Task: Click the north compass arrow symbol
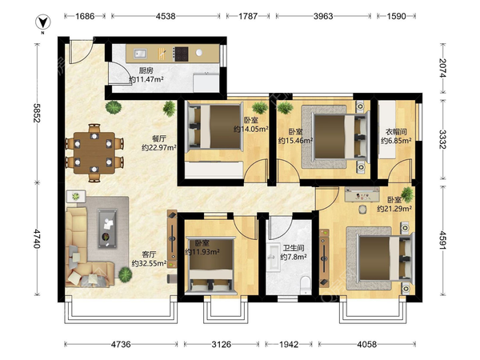[43, 22]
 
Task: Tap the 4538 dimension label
[166, 16]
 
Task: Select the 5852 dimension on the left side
[37, 113]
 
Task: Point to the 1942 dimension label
[289, 344]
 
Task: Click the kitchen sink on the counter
[140, 54]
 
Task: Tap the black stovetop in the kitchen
[181, 54]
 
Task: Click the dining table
[94, 153]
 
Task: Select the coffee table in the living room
[107, 228]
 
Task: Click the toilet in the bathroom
[306, 285]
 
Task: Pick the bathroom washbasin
[273, 257]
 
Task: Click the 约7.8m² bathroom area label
[294, 257]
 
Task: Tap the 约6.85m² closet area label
[396, 141]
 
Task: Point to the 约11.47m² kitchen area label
[146, 79]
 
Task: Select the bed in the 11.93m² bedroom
[211, 265]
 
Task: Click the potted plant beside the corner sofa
[126, 274]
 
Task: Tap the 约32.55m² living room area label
[149, 263]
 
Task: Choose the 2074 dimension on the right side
[443, 68]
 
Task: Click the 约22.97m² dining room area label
[159, 147]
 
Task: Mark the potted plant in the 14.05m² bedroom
[260, 108]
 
